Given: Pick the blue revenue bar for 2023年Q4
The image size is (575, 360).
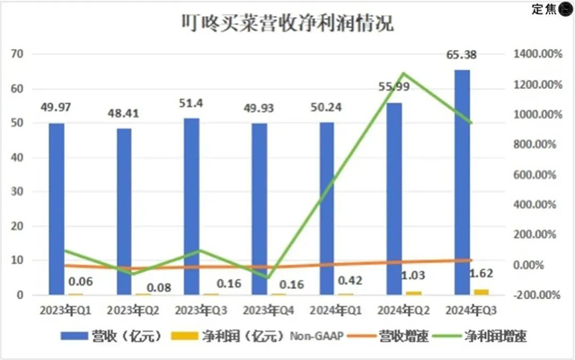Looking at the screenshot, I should coord(260,208).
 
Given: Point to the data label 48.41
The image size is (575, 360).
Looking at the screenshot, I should coord(124,115).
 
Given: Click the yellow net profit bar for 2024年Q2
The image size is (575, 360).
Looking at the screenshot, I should coord(413,293).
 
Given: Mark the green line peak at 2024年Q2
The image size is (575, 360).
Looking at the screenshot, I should coord(404,74).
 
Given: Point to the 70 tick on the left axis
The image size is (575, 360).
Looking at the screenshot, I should coord(15,54).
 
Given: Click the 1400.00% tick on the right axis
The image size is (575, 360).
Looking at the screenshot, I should coord(536,54).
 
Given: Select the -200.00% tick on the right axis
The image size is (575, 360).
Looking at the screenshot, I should coord(536,294).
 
